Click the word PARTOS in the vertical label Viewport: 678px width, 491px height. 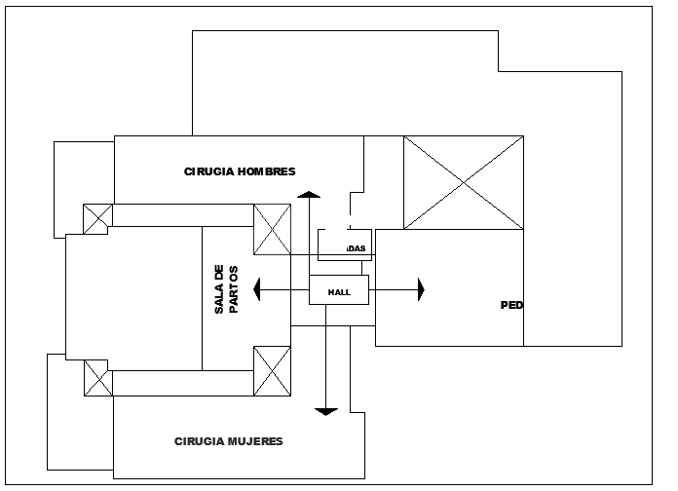[x=233, y=289]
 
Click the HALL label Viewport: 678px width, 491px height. [x=339, y=291]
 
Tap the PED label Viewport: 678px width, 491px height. [x=512, y=305]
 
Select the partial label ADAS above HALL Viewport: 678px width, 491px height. [x=357, y=248]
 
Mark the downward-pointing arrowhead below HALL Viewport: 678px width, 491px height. [x=327, y=411]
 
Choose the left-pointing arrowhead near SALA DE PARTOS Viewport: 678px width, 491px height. [x=256, y=289]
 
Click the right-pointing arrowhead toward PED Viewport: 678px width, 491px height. [x=421, y=289]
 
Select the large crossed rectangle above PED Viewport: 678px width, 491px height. [x=464, y=182]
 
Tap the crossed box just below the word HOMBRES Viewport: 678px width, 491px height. [x=272, y=229]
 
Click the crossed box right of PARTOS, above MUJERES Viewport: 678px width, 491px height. [x=272, y=372]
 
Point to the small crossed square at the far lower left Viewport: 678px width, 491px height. [x=97, y=377]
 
